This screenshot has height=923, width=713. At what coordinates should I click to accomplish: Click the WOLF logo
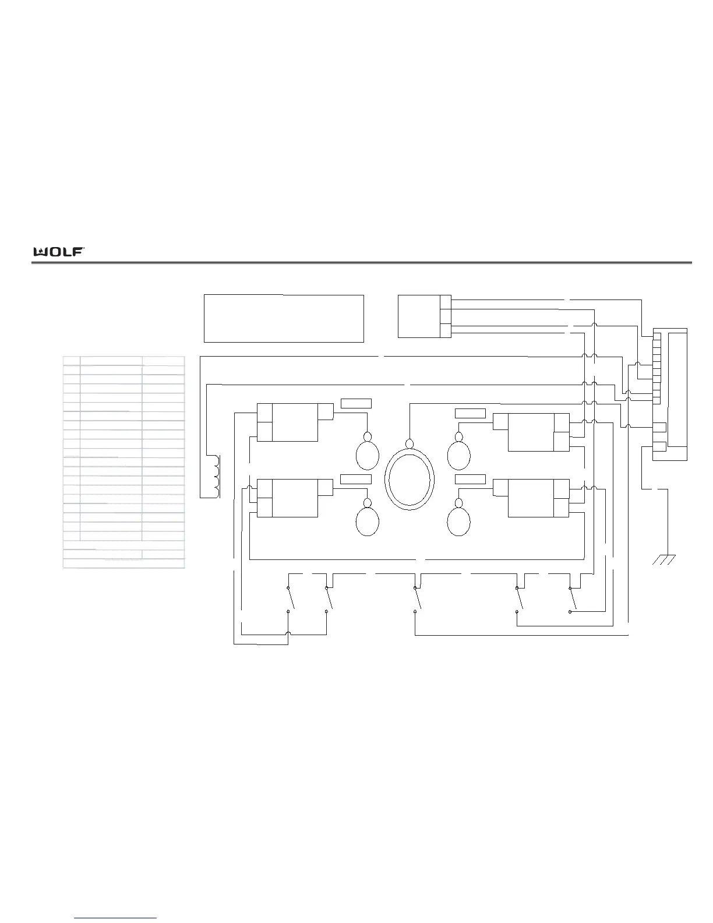59,252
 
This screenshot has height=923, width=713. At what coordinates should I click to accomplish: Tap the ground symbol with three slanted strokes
663,559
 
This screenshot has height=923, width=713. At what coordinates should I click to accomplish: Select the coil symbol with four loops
217,476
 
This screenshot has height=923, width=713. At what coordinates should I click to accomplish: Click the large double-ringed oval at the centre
410,479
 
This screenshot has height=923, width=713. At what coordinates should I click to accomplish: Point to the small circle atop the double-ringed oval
410,444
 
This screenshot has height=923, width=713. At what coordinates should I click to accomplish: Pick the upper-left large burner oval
368,455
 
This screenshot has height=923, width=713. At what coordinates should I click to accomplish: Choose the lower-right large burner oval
458,522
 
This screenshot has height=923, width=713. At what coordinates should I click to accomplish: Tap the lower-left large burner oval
368,522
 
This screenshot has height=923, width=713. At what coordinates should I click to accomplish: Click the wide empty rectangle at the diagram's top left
284,319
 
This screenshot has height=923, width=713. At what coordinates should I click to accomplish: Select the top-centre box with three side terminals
424,316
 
